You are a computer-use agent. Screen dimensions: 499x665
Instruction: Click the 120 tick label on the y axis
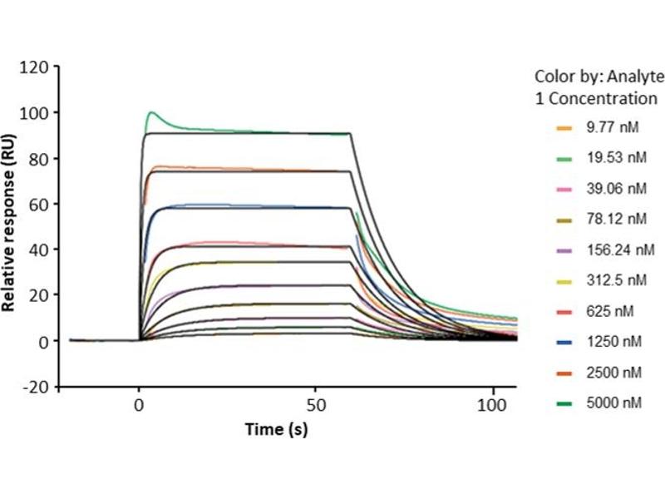tap(37, 67)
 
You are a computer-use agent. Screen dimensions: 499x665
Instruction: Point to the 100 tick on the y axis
tap(37, 112)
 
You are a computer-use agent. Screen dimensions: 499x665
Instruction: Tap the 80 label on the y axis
tap(41, 158)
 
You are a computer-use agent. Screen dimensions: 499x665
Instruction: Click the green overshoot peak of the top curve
tap(151, 112)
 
